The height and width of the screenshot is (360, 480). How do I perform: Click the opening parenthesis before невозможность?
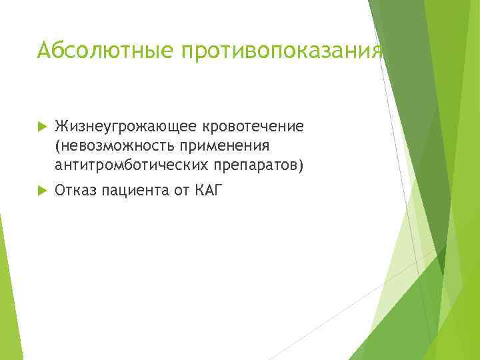(57, 145)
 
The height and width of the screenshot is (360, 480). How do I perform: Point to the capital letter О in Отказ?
(60, 191)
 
